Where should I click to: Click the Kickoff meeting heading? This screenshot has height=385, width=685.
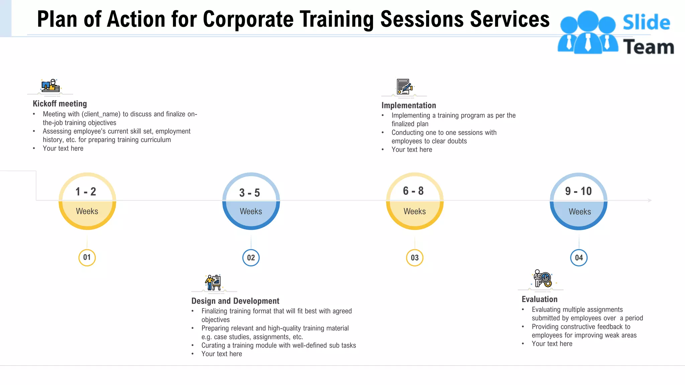point(60,104)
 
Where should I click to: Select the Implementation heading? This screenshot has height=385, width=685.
point(409,106)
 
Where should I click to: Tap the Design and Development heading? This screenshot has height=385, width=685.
point(235,301)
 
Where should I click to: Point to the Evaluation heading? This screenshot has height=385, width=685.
point(540,299)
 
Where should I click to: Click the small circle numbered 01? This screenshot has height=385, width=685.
point(87,258)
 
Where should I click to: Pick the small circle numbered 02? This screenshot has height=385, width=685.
point(251,258)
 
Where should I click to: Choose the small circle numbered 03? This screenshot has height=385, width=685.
point(415,258)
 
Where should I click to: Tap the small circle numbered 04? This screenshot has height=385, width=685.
point(579,258)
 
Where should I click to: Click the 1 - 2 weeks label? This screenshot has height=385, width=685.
point(86,192)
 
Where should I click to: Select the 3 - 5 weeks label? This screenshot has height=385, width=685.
point(250,193)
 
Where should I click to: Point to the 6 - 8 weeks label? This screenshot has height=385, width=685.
point(413,191)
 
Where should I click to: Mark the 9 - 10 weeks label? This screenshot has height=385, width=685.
point(578,191)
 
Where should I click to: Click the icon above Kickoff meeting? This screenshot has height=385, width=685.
point(51,86)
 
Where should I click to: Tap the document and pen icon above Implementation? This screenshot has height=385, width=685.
point(404,87)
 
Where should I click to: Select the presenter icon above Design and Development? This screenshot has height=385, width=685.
point(213,282)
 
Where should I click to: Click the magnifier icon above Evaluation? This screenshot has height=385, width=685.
point(543,279)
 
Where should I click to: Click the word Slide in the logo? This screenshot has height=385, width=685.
point(646,23)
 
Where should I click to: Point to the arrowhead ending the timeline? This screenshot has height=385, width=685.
point(650,201)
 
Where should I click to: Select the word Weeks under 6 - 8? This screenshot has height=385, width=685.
point(415,212)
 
